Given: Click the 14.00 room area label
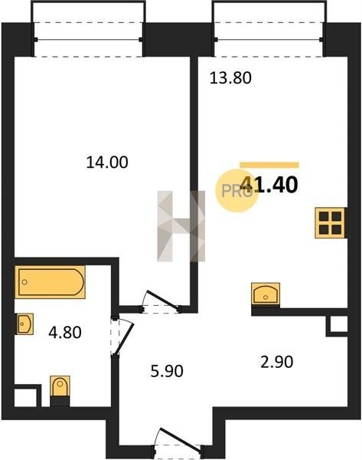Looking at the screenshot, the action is [107, 163].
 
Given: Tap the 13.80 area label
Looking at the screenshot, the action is [230, 78].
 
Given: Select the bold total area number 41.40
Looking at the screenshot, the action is [269, 185].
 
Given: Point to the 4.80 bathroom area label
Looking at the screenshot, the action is [65, 333].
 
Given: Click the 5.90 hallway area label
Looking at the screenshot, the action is [167, 371].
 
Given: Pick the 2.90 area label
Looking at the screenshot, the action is [277, 362].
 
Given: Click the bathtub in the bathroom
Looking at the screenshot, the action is [50, 282].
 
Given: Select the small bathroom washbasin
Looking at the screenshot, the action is [24, 324].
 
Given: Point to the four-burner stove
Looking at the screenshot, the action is [331, 222].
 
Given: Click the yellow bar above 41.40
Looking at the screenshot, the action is [269, 165].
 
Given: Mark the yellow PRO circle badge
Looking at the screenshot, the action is [237, 191].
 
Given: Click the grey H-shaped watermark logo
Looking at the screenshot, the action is [181, 226].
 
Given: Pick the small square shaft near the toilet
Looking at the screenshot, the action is [25, 397].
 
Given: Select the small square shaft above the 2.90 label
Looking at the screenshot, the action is [338, 324].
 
